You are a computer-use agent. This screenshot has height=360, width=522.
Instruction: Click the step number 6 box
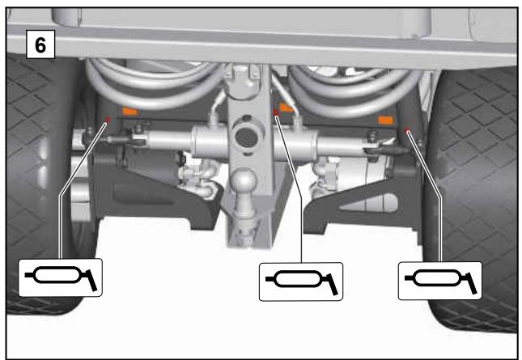pos(40,44)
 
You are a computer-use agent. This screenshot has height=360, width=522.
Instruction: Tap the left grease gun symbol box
pos(60,277)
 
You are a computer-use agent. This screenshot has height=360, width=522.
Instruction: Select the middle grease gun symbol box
pos(301,282)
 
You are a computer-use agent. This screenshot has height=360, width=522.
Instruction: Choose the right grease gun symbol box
pos(440,281)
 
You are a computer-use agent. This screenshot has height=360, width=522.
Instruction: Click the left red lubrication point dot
pos(108,120)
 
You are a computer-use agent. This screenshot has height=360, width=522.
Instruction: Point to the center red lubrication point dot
pos(275,112)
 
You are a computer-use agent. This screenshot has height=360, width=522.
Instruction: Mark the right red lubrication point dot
pos(406,130)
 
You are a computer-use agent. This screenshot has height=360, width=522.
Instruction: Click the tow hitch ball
pos(244,180)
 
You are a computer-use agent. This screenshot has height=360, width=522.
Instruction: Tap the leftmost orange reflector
pos(130,111)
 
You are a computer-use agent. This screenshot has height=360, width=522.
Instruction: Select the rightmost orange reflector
pos(385,120)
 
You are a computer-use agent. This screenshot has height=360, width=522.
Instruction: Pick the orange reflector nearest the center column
pos(286,108)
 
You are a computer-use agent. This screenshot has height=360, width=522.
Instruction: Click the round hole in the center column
pos(246,137)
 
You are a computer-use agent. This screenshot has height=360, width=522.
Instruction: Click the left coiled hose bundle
pos(153,85)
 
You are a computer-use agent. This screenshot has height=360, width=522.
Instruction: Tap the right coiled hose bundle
pos(353,88)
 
